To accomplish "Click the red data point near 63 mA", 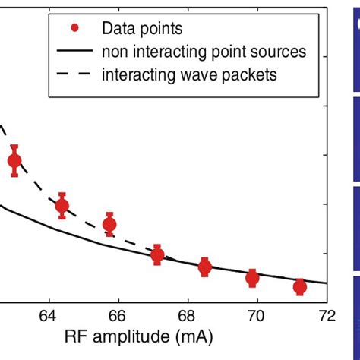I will [x=14, y=161].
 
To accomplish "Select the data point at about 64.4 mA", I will [x=62, y=205].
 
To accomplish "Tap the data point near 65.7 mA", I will [x=110, y=224].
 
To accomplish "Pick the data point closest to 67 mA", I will [x=157, y=255].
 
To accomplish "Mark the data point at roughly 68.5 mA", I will [x=205, y=267].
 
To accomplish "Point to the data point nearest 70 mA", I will [x=252, y=278].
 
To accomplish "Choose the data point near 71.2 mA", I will [x=300, y=286].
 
